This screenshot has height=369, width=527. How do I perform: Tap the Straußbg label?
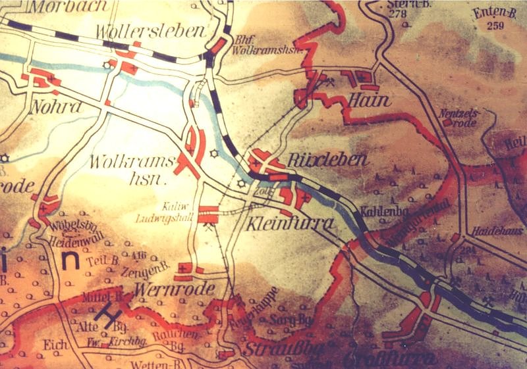click(x=276, y=347)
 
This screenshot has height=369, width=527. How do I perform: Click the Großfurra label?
click(x=389, y=359)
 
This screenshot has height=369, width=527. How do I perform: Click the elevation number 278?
click(x=397, y=14)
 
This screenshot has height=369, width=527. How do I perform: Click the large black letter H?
click(x=105, y=314)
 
